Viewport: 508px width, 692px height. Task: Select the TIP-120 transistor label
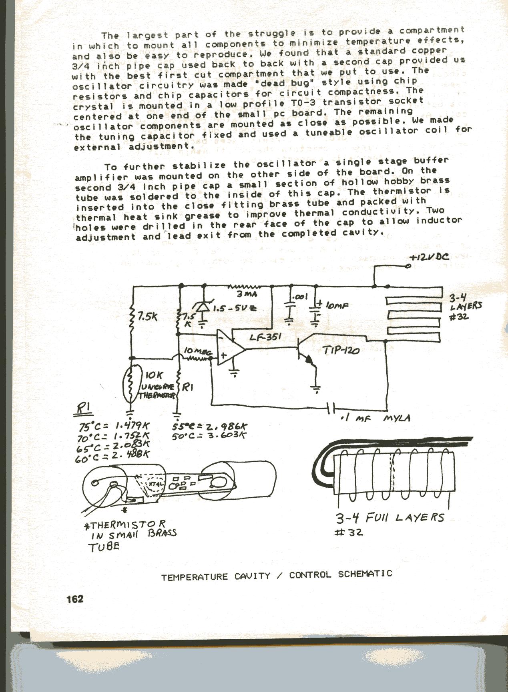coord(340,351)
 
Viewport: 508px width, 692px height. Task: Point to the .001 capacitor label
coord(300,297)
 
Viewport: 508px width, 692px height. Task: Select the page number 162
coord(75,598)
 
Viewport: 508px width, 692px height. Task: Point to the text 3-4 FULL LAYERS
coord(390,518)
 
